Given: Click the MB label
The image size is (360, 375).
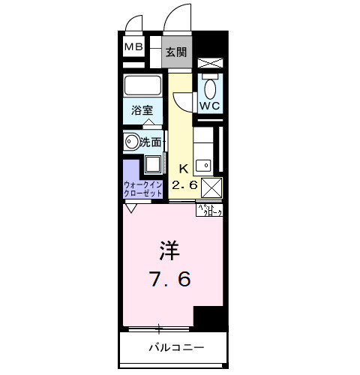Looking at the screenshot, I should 133,48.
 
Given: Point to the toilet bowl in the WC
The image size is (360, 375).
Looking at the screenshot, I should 209,88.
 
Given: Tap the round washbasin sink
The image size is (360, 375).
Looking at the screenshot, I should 133,140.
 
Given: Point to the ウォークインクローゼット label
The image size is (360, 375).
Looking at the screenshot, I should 142,187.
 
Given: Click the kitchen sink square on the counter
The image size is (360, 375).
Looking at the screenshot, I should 202,163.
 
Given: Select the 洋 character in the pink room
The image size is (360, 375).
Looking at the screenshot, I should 169,250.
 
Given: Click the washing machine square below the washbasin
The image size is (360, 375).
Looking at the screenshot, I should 152,165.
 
